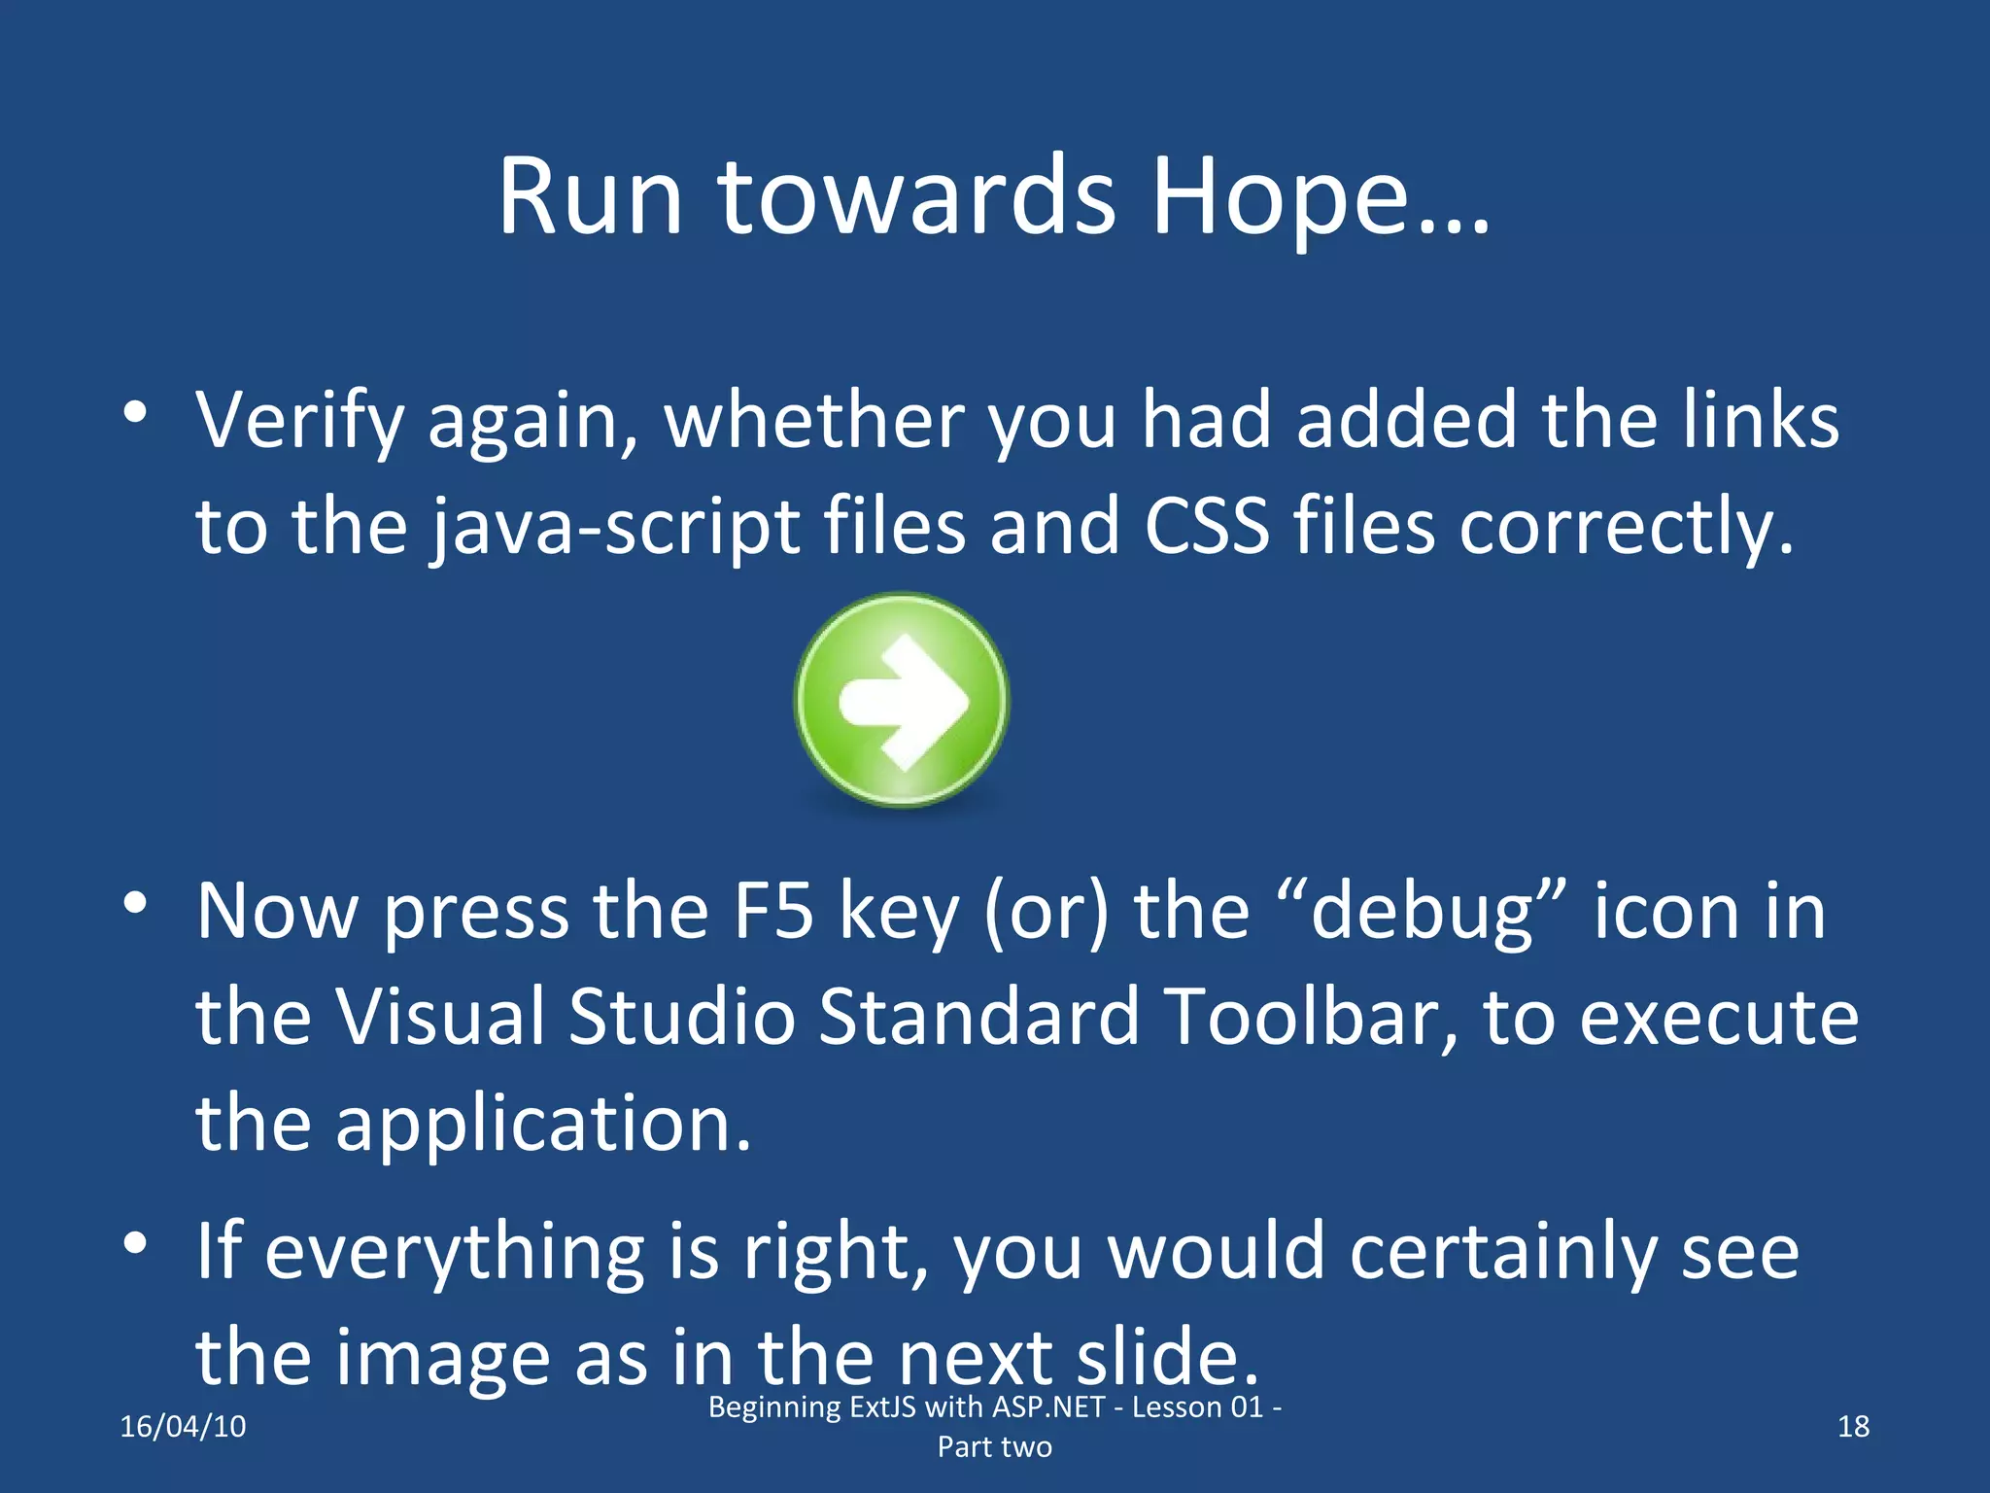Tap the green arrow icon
point(902,700)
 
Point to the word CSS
point(1207,527)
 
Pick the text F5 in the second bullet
point(773,912)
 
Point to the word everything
point(455,1254)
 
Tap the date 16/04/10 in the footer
point(183,1427)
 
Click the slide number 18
point(1853,1427)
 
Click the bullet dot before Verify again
point(135,412)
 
